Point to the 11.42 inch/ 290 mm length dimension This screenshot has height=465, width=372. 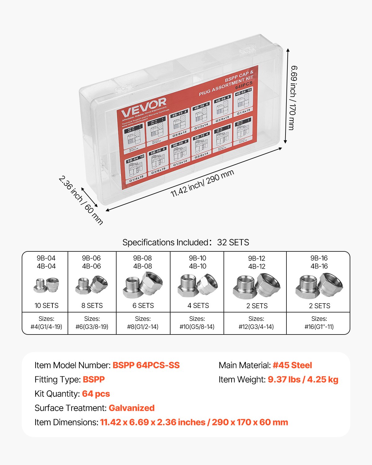click(202, 183)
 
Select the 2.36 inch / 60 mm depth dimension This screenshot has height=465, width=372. click(81, 200)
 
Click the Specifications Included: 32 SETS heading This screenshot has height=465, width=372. click(186, 242)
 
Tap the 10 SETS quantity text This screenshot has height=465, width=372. click(46, 306)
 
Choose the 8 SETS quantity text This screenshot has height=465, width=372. click(92, 306)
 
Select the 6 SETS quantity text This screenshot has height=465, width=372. click(143, 306)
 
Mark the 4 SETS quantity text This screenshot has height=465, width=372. click(198, 306)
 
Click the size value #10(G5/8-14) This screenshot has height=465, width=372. click(197, 327)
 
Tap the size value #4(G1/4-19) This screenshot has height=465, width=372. click(46, 327)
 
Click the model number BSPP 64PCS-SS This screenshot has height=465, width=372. click(146, 365)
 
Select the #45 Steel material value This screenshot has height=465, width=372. click(292, 365)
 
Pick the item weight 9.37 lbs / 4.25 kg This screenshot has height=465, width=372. click(303, 379)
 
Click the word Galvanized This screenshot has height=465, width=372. click(131, 408)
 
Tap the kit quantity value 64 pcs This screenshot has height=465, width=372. click(96, 394)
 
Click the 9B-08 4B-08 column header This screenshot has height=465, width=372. click(143, 262)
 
